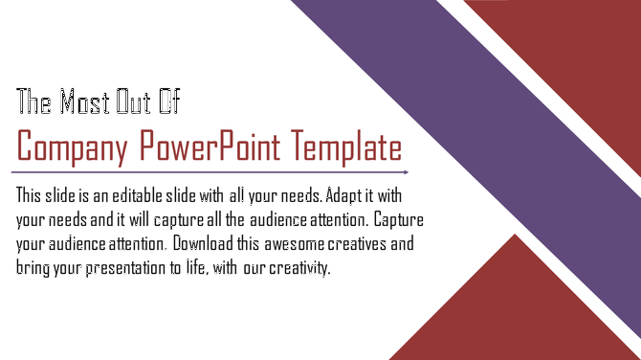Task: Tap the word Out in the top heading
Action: point(135,101)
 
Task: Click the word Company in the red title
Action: point(73,148)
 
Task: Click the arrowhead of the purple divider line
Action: point(407,172)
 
